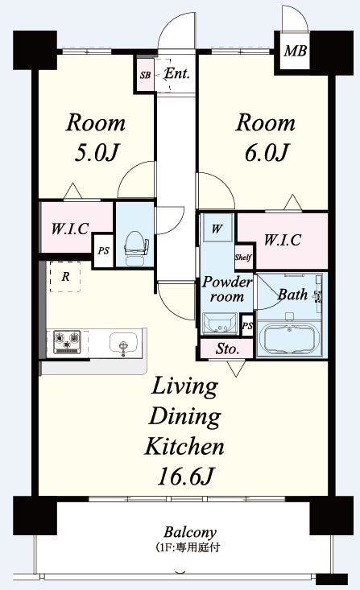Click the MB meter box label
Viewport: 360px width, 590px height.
pos(296,51)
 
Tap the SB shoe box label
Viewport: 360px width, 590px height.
pos(145,75)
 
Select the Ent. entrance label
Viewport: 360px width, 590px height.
pos(177,73)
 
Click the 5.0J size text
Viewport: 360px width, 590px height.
pos(97,153)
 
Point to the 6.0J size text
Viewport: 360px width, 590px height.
pos(267,153)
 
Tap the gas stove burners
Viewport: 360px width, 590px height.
pos(68,342)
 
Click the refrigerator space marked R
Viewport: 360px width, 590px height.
pos(65,277)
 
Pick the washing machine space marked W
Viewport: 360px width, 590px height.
pos(217,229)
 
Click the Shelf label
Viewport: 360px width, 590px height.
pos(243,258)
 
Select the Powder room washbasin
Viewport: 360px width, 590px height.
pos(220,324)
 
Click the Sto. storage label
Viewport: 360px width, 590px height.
pos(227,349)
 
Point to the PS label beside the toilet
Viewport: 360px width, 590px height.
pos(104,250)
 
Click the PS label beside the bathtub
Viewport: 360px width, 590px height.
pos(247,325)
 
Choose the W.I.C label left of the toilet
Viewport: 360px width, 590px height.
pos(70,229)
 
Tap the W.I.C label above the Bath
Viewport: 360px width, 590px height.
pos(283,240)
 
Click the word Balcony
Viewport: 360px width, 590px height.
pos(190,532)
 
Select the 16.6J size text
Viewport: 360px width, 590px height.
pos(185,477)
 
